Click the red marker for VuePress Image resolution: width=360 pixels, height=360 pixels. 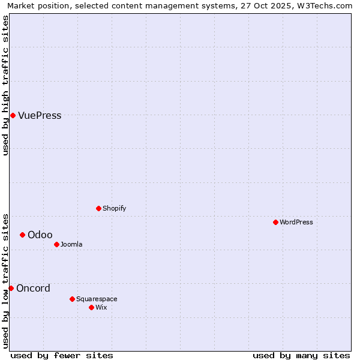point(13,115)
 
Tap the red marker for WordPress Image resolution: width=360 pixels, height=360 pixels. point(275,222)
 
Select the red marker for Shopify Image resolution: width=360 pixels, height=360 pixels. point(98,208)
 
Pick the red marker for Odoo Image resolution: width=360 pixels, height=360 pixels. point(22,235)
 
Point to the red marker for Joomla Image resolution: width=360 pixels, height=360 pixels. point(56,244)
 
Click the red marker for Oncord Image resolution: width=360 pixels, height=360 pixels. point(11,288)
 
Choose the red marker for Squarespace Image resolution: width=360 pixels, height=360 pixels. point(72,299)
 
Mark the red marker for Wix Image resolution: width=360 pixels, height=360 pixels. point(91,307)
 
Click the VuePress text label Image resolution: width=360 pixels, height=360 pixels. point(40,116)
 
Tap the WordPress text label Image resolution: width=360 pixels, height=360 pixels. point(296,222)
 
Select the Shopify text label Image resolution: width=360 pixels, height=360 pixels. point(114,208)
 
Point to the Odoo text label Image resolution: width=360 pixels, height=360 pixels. point(40,235)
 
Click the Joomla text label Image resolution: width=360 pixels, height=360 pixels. point(71,244)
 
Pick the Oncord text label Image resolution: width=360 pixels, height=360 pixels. point(33,288)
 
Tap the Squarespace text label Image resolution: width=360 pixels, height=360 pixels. point(97,299)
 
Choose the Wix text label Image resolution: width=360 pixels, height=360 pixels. point(101,307)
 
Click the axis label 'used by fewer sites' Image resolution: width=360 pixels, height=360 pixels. point(62,355)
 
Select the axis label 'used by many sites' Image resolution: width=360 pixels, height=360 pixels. point(301,355)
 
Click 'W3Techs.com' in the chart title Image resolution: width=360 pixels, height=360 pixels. point(326,6)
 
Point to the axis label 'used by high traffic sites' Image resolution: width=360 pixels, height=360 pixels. point(6,85)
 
